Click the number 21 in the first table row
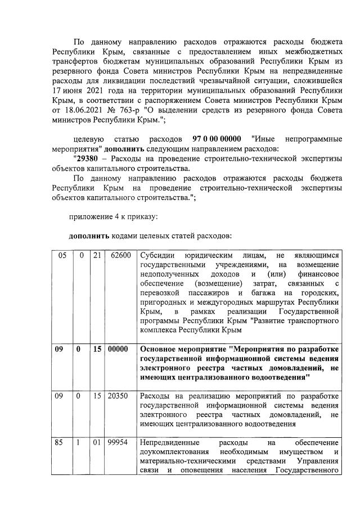click(x=97, y=256)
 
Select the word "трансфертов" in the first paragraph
click(x=78, y=61)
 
